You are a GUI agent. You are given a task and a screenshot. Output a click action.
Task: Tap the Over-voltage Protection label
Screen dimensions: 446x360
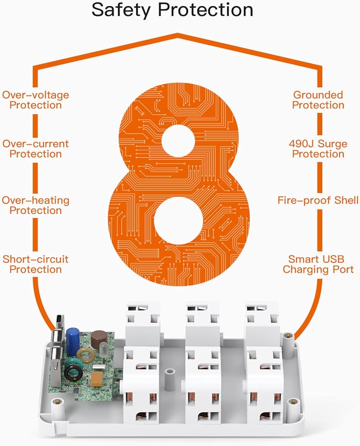36,100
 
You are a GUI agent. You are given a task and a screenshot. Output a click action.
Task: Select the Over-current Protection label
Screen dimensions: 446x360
36,149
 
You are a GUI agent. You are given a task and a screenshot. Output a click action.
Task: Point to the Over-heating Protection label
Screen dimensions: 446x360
36,205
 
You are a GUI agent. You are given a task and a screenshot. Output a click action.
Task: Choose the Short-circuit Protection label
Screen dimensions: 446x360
36,264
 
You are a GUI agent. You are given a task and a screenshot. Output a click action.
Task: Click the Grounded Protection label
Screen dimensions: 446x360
318,100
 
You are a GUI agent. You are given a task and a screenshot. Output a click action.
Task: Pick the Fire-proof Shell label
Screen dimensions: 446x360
318,200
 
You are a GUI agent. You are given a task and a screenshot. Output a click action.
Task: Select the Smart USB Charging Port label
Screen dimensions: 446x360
318,264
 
